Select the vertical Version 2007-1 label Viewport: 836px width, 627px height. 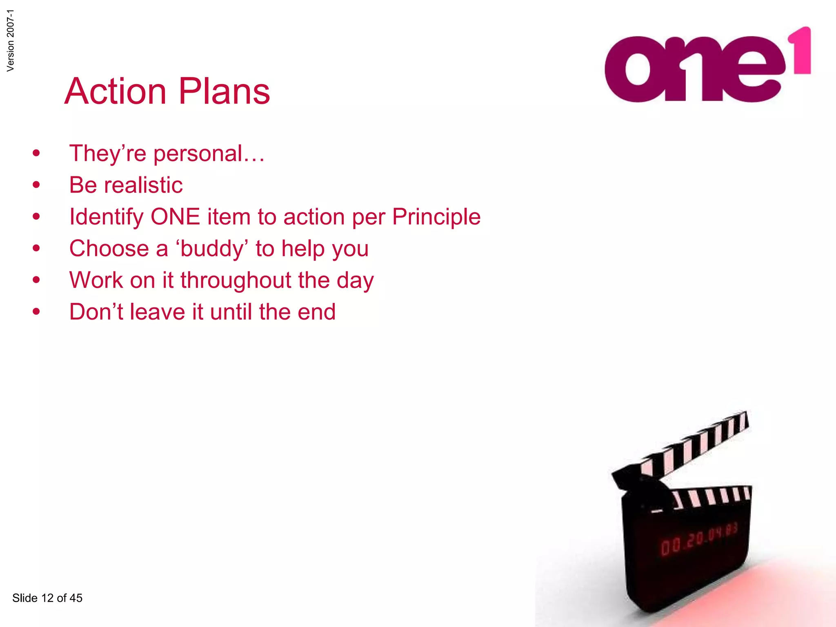tap(11, 40)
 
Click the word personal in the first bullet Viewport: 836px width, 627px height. tap(198, 154)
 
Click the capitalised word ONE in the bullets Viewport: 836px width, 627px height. tap(175, 216)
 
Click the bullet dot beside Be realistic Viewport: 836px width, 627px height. tap(36, 185)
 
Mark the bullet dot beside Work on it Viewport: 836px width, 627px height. tap(36, 280)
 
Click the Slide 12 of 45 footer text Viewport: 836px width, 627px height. tap(47, 598)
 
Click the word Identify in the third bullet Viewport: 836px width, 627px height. tap(106, 217)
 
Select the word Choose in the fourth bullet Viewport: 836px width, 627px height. tap(109, 249)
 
